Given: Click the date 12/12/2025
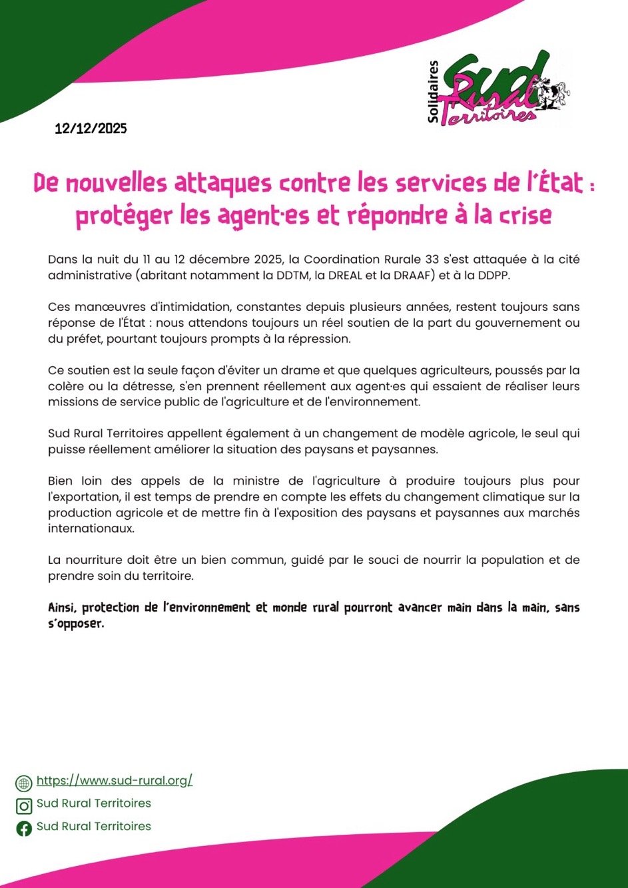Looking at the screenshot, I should pos(91,128).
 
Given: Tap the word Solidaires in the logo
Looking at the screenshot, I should pos(434,92).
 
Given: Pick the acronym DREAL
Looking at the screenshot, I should pos(346,275).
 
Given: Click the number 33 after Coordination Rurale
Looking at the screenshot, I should pos(430,259).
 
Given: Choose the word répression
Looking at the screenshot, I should pos(318,339).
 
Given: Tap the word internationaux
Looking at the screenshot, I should pos(91,529).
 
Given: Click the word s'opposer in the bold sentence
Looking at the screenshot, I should pos(76,624).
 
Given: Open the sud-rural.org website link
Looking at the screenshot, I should pos(114,780).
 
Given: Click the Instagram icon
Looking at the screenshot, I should pos(24,805).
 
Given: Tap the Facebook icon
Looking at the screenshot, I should pos(24,828).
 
